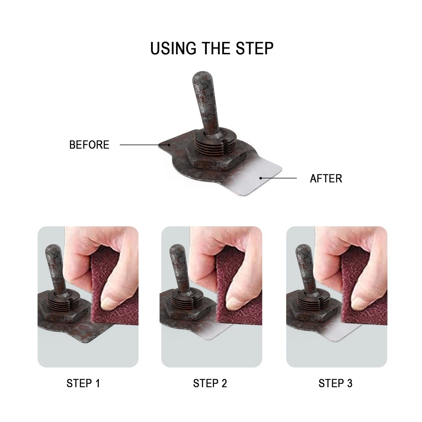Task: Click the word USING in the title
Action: tap(173, 48)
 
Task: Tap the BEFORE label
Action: tap(89, 145)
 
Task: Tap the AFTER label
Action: tap(326, 178)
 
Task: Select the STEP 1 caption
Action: tap(83, 383)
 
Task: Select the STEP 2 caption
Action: tap(210, 383)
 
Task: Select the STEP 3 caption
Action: tap(335, 383)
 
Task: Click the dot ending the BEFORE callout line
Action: tap(169, 145)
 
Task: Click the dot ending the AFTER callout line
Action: tap(261, 178)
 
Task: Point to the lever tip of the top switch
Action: tap(202, 76)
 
